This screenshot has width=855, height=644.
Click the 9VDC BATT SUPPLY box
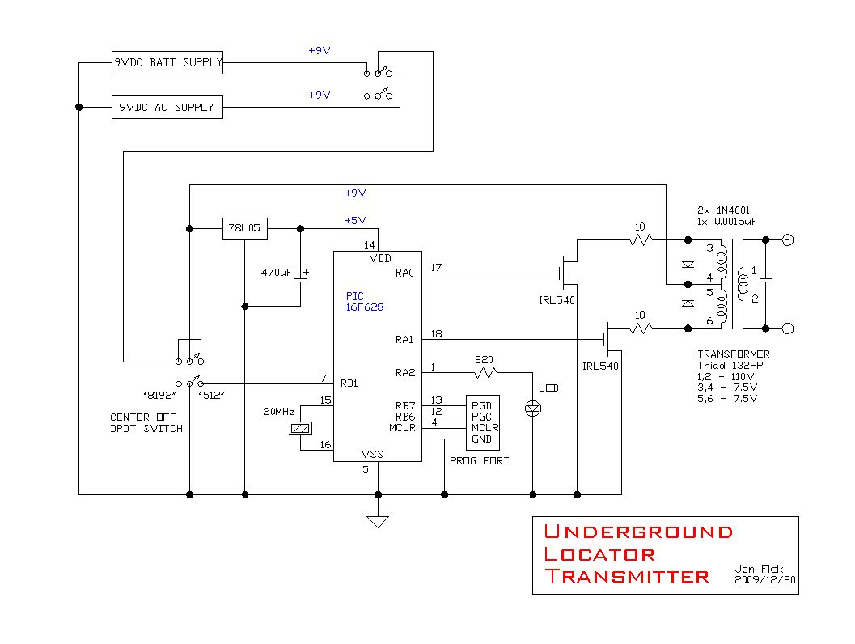point(167,63)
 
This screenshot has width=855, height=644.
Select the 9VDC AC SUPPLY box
point(167,107)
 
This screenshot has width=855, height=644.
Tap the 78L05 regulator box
point(245,228)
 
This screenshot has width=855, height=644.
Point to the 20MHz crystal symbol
point(300,429)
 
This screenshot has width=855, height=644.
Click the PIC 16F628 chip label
point(365,302)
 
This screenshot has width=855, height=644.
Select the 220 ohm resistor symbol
point(485,373)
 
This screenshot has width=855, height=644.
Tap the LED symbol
point(533,409)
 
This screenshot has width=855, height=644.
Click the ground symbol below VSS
point(378,522)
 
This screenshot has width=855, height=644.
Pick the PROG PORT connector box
point(483,422)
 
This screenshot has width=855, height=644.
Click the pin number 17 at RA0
point(436,268)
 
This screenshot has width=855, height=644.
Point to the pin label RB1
point(349,383)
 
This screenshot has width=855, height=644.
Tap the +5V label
point(355,220)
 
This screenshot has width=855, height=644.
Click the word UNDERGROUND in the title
point(638,532)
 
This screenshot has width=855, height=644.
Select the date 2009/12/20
point(765,579)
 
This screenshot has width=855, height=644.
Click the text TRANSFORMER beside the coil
point(734,354)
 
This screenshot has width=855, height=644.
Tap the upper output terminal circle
point(788,240)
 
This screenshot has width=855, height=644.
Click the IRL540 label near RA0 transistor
point(557,300)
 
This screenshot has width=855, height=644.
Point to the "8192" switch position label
point(159,396)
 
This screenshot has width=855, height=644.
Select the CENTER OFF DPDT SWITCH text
point(146,423)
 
